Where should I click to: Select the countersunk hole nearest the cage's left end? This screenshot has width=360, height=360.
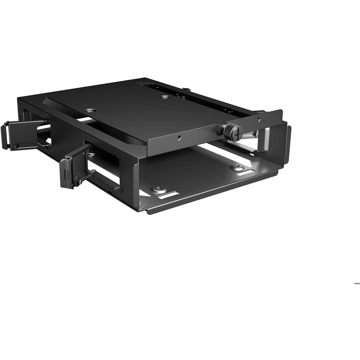90,111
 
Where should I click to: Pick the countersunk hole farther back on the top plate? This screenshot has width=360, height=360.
165,97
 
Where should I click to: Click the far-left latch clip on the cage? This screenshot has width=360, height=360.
11,135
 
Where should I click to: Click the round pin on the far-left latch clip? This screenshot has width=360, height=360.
17,145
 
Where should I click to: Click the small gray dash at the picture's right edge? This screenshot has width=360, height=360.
357,283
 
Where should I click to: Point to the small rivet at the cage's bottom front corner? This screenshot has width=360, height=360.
141,208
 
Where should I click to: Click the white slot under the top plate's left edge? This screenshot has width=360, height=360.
84,119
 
